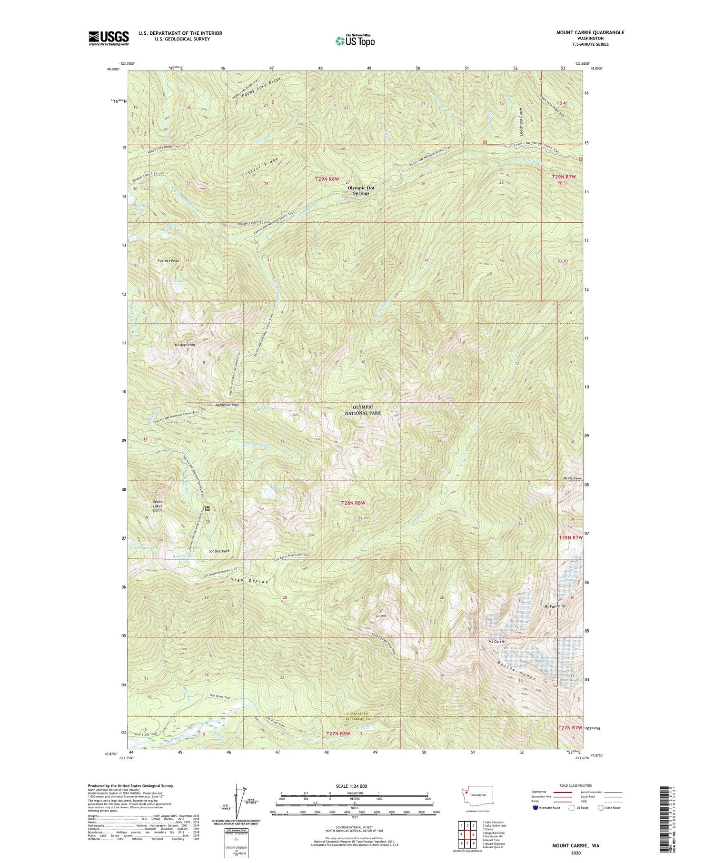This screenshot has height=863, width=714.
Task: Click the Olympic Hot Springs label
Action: pos(361,190)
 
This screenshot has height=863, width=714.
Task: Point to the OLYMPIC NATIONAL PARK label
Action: pos(363,410)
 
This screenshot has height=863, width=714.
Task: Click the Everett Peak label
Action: pos(169,261)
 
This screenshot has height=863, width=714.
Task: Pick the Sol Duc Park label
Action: pos(219,551)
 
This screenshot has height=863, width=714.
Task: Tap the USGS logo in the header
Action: pos(109,38)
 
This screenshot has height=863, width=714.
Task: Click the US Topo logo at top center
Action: pos(354,41)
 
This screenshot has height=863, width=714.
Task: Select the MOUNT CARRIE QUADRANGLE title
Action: pos(590,32)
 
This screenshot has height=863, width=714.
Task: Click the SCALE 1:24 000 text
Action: pos(353,786)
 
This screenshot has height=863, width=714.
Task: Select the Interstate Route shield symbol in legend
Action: pos(535,808)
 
